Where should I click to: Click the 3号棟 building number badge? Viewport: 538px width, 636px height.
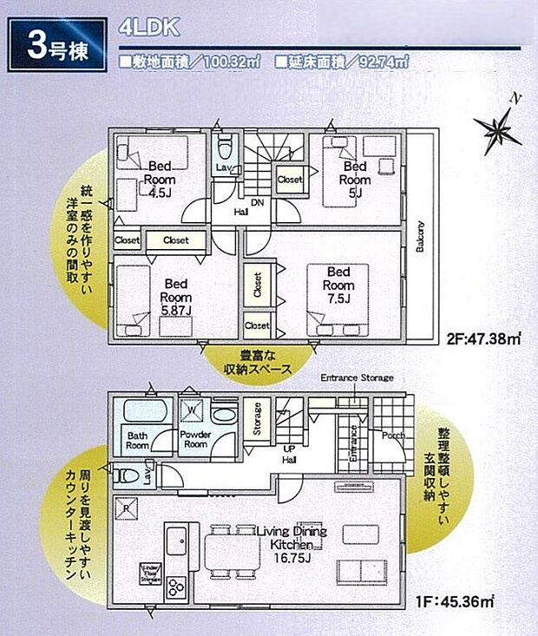[56, 49]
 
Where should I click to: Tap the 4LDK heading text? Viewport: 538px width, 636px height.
[148, 27]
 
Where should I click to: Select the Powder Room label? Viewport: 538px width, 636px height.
[194, 439]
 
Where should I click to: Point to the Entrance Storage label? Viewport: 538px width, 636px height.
[357, 378]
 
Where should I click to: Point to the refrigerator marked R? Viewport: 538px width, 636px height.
[127, 508]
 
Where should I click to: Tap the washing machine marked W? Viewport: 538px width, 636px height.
[191, 411]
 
